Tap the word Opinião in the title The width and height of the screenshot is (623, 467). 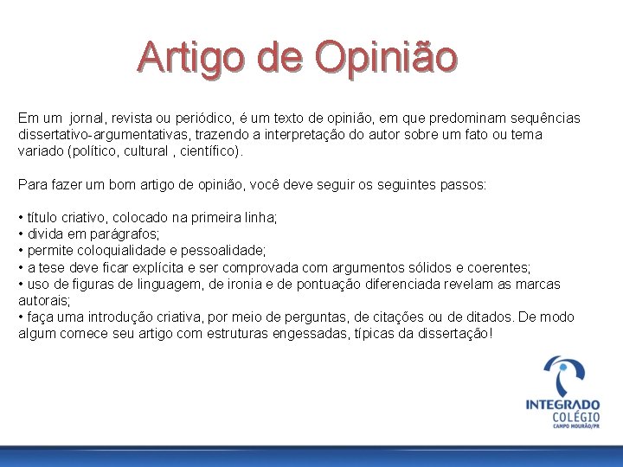[386, 57]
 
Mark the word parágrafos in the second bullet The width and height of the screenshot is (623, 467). [127, 234]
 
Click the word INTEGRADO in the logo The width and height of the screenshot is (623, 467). [562, 405]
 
